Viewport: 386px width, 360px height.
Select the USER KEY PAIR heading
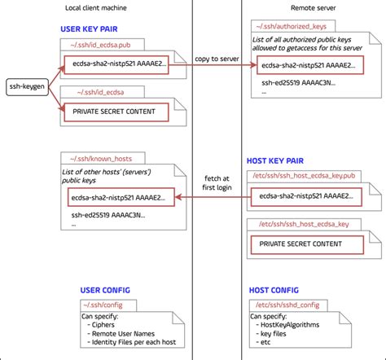92,29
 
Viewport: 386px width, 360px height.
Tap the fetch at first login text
216,183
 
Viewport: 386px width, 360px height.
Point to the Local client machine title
97,8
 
